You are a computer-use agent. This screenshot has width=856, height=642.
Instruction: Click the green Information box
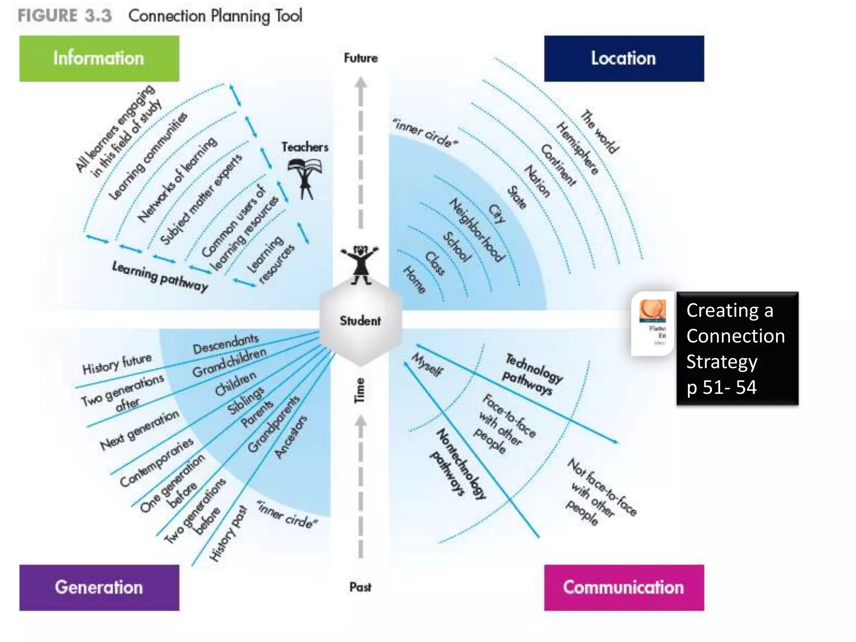click(x=99, y=59)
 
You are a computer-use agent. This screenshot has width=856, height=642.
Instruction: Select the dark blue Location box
click(x=624, y=59)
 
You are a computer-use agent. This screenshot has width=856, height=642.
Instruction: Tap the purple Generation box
click(x=99, y=587)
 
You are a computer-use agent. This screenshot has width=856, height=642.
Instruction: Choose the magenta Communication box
click(x=624, y=587)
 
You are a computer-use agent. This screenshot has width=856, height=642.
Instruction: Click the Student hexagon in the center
click(x=360, y=321)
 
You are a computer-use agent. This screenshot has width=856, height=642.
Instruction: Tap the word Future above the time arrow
click(x=361, y=58)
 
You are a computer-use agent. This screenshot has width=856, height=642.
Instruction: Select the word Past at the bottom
click(x=360, y=587)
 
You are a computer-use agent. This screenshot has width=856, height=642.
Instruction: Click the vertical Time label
click(x=359, y=390)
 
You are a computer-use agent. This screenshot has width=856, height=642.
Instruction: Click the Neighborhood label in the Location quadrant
click(x=477, y=230)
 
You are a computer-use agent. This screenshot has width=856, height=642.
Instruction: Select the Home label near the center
click(x=414, y=280)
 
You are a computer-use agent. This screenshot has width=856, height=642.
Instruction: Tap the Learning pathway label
click(x=160, y=276)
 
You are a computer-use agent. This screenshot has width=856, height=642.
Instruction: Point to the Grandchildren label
click(x=229, y=362)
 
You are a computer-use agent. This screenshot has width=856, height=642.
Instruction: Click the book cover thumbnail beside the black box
click(x=653, y=323)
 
